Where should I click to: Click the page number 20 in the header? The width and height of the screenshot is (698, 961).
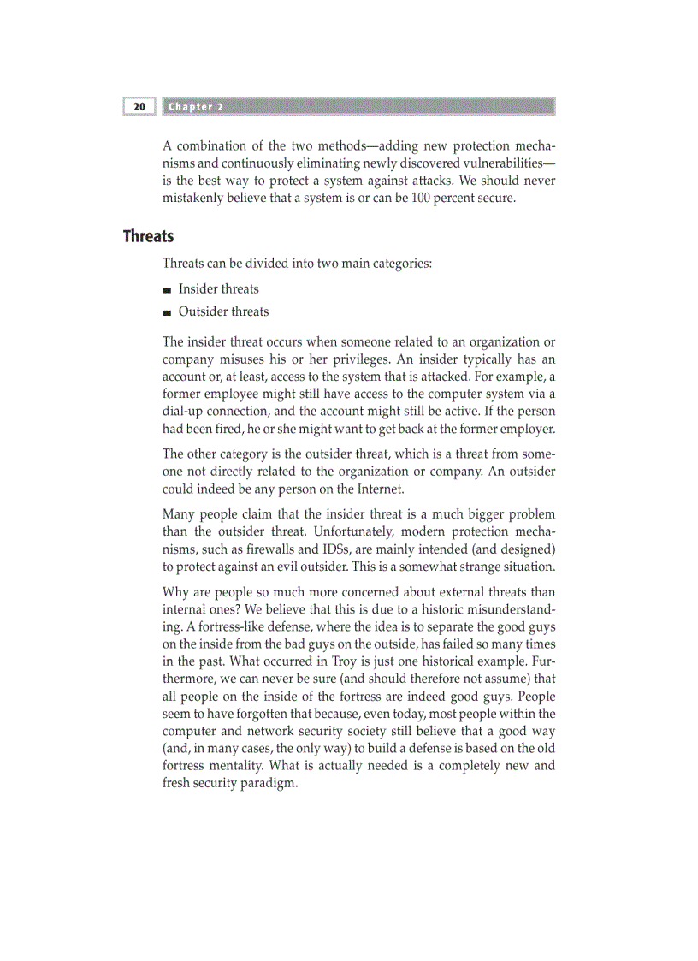139,107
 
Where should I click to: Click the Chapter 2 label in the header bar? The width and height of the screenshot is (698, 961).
196,107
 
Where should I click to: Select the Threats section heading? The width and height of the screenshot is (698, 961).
148,236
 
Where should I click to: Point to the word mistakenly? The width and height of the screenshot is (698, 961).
194,198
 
